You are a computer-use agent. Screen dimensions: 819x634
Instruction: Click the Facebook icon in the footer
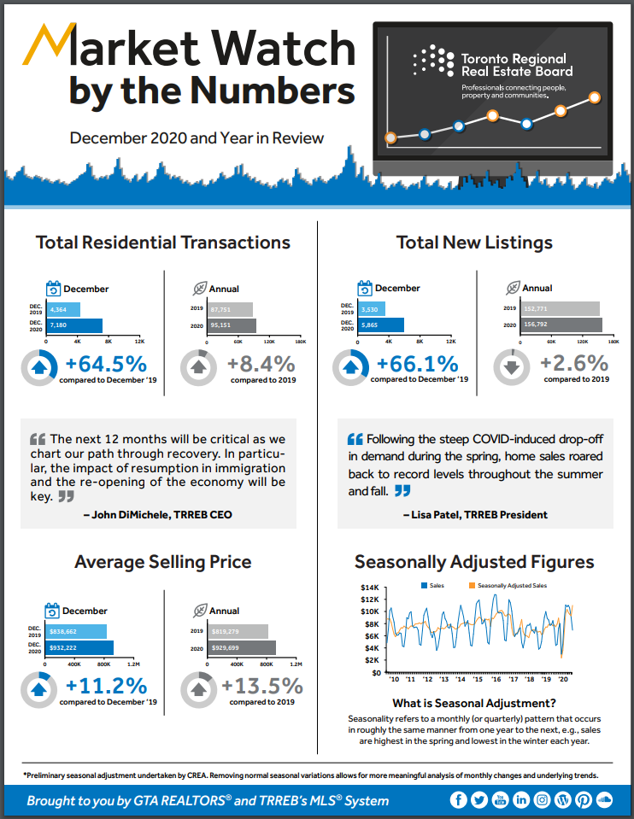[x=460, y=800]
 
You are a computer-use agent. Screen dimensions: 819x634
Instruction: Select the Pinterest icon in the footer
[x=584, y=800]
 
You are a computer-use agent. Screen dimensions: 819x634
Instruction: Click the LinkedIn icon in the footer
[x=522, y=800]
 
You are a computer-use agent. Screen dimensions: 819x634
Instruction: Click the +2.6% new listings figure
[x=574, y=364]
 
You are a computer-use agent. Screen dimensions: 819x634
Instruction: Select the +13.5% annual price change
[x=262, y=686]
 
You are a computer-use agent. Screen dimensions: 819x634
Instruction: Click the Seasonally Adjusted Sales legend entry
[x=511, y=585]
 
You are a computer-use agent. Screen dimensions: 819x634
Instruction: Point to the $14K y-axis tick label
[x=369, y=588]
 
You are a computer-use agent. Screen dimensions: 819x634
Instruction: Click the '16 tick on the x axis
[x=495, y=679]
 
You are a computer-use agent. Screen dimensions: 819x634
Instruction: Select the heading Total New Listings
[x=474, y=243]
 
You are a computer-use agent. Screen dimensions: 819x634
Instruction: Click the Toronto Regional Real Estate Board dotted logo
[x=433, y=61]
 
